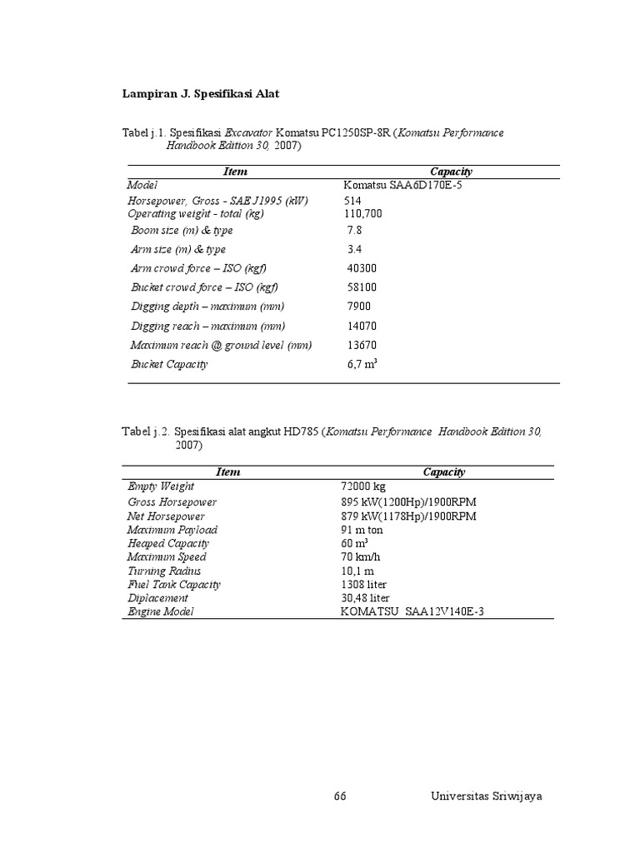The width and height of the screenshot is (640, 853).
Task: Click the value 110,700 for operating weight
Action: [x=364, y=214]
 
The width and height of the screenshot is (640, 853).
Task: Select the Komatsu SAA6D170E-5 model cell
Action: [x=402, y=185]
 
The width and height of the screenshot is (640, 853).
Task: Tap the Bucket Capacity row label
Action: [x=169, y=364]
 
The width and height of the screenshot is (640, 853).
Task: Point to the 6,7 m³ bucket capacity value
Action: [x=362, y=364]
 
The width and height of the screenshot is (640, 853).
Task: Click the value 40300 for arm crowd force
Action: [x=362, y=268]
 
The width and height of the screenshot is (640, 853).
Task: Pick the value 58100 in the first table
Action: [x=362, y=287]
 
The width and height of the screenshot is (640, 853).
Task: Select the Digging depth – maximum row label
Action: [x=207, y=307]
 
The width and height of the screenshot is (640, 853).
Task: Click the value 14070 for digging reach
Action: [x=362, y=326]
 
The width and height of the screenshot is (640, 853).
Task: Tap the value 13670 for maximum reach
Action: [x=362, y=345]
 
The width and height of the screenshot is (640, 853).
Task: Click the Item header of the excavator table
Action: [x=235, y=172]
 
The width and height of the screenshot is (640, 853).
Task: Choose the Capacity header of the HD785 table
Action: [x=443, y=472]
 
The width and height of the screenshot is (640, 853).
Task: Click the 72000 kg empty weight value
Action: [x=363, y=486]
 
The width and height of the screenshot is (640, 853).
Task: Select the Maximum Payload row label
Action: [x=172, y=530]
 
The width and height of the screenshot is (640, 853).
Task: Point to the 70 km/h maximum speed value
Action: [x=358, y=556]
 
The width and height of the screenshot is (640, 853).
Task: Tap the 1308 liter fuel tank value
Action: [x=363, y=584]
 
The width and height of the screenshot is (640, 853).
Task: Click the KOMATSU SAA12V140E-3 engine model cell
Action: [x=412, y=611]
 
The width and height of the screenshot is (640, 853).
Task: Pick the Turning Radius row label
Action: [x=164, y=571]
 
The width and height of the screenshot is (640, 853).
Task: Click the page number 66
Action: [x=340, y=796]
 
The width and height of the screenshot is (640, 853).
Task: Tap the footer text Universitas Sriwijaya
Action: [x=487, y=796]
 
